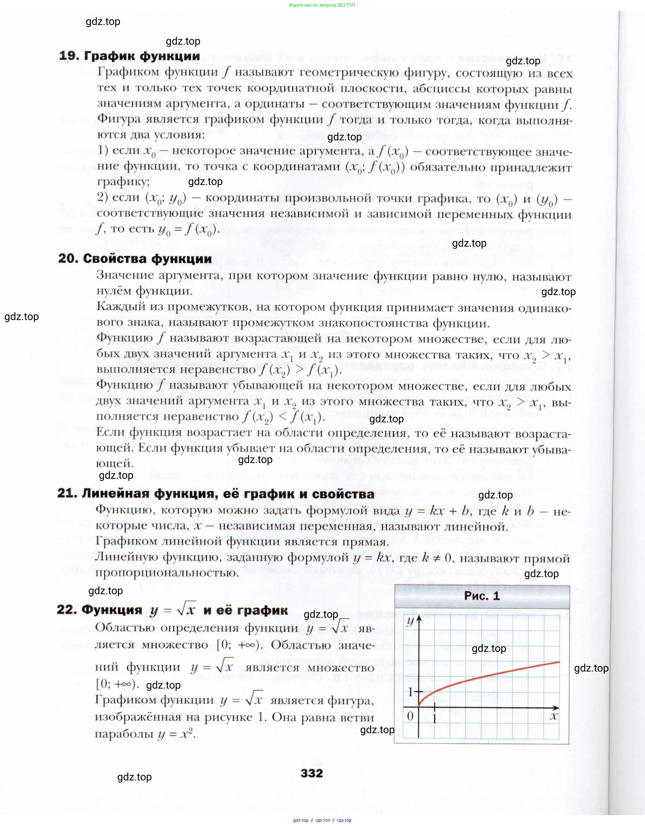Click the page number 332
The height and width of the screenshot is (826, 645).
(x=312, y=773)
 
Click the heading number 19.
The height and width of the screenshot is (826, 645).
(x=69, y=56)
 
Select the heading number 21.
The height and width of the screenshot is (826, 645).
(x=67, y=494)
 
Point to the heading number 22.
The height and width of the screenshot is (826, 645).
(x=67, y=610)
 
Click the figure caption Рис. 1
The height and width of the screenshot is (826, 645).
(x=482, y=596)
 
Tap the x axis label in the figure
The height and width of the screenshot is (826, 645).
(x=554, y=715)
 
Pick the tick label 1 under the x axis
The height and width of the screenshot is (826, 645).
(x=435, y=717)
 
